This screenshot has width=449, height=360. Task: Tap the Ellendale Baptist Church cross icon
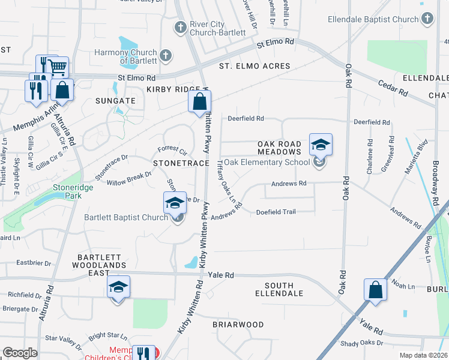tap(427, 19)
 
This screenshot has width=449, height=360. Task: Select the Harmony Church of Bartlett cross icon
tap(166, 56)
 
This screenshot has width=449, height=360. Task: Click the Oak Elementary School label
tap(267, 162)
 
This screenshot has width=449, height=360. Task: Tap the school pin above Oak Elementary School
tap(321, 145)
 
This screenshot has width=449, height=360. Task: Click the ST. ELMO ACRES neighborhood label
tap(254, 66)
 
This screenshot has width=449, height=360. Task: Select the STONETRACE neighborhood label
tap(181, 163)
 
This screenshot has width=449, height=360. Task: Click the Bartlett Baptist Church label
tap(125, 217)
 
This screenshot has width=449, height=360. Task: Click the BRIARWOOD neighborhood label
tap(238, 325)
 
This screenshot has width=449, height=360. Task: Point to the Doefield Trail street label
tap(276, 212)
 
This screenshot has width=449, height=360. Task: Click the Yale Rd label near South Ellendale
tap(220, 275)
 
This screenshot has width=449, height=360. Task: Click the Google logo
tap(20, 353)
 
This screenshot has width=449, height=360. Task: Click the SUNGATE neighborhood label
tap(115, 101)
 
